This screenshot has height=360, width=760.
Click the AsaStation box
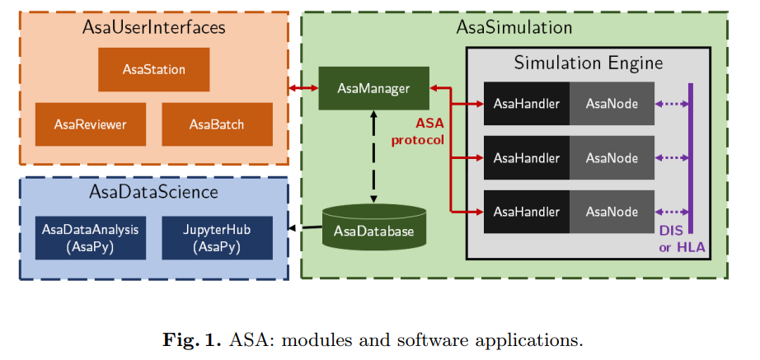pyautogui.click(x=153, y=69)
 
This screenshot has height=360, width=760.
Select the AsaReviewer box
pyautogui.click(x=91, y=124)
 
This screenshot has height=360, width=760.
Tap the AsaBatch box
pyautogui.click(x=217, y=124)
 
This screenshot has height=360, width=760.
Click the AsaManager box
pyautogui.click(x=373, y=88)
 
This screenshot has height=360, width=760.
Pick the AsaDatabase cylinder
pyautogui.click(x=373, y=227)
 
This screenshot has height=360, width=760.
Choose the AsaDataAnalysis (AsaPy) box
pyautogui.click(x=91, y=238)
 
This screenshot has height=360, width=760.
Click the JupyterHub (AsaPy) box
pyautogui.click(x=217, y=238)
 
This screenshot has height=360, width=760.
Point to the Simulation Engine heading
pyautogui.click(x=589, y=63)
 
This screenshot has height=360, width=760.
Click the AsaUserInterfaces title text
pyautogui.click(x=153, y=27)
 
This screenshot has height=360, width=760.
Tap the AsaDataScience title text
pyautogui.click(x=153, y=192)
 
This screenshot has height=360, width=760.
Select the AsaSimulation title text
pyautogui.click(x=514, y=27)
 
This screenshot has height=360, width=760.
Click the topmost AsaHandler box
pyautogui.click(x=527, y=104)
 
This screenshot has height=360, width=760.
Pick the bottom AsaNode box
pyautogui.click(x=612, y=212)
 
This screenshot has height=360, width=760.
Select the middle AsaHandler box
pyautogui.click(x=527, y=158)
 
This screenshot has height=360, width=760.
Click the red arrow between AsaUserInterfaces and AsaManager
pyautogui.click(x=303, y=88)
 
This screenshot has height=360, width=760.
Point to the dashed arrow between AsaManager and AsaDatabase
pyautogui.click(x=373, y=157)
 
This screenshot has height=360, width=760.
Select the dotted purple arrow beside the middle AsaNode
pyautogui.click(x=671, y=158)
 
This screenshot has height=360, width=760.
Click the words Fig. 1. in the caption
pyautogui.click(x=191, y=339)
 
